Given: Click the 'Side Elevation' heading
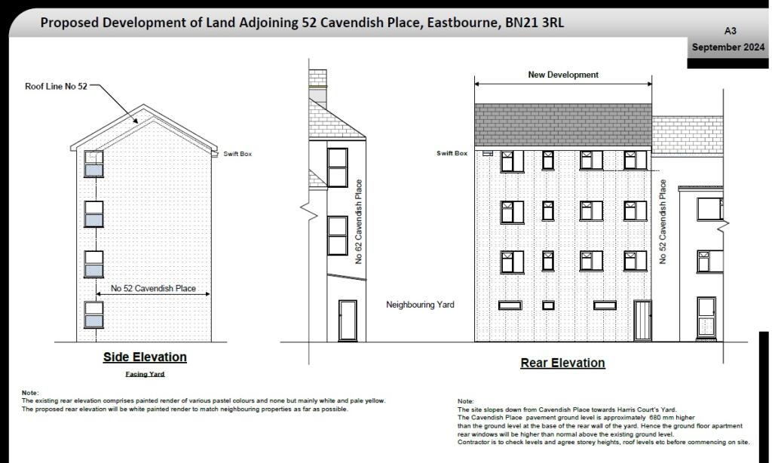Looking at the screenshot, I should point(145,357).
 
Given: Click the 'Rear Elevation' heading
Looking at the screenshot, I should point(562,363).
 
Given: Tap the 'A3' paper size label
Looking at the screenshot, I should point(730,31).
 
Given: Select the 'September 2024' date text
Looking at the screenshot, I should point(728,47).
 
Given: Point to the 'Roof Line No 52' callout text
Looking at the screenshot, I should point(56,87).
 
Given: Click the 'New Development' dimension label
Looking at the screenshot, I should point(563,75).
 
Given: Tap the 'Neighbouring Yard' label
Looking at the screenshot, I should point(420,305).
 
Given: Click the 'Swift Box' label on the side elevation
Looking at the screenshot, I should point(237,154).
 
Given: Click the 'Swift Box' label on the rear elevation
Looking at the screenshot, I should point(452,153).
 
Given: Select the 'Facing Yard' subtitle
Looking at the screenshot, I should point(145,374).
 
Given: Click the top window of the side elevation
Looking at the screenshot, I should point(93,164).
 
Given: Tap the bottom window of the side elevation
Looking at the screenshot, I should point(93,314).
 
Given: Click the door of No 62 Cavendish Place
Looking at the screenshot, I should point(348,320).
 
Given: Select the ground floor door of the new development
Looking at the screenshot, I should point(642,320).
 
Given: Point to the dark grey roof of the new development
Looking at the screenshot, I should point(562,124).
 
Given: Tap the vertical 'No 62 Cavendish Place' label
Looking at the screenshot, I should point(359,221).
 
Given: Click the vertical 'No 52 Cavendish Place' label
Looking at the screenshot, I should point(663,221).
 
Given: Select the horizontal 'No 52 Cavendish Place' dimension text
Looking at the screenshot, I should point(153,288).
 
